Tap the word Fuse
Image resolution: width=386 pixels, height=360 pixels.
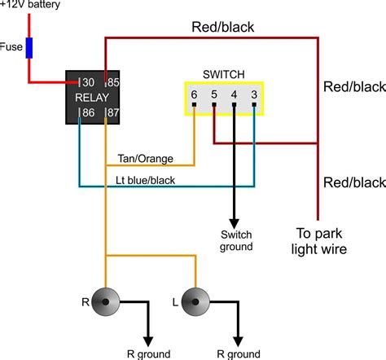click(11, 47)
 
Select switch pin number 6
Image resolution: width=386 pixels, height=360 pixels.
click(194, 95)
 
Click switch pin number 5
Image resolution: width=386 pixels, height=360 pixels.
click(214, 95)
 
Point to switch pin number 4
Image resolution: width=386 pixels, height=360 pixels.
click(235, 95)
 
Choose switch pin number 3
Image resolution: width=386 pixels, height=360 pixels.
click(254, 95)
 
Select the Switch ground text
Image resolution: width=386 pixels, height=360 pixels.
click(235, 240)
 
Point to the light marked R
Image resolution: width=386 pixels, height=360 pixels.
click(106, 303)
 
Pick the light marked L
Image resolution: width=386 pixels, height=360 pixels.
click(196, 303)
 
